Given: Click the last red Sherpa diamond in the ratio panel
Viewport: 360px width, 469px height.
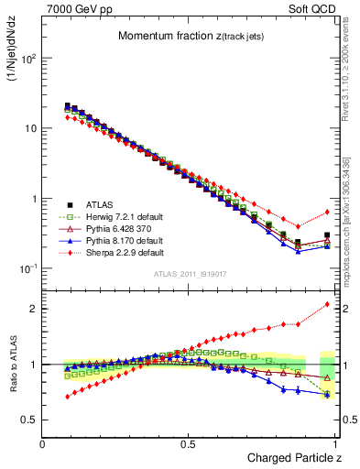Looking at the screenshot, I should click(327, 304).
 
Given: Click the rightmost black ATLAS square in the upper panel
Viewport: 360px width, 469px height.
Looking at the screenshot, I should click(327, 235).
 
